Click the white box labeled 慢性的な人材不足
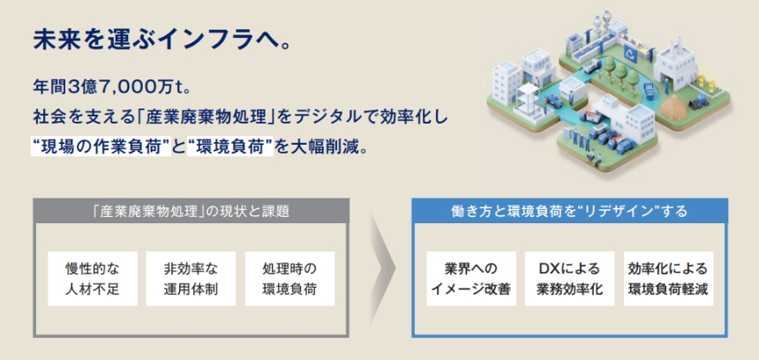[x=93, y=278]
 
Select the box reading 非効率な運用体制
[x=191, y=278]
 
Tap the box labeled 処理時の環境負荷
[x=289, y=278]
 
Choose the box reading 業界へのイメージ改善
[x=471, y=278]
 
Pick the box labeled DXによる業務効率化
[x=569, y=278]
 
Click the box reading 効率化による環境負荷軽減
[x=668, y=278]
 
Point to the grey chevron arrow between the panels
[x=382, y=268]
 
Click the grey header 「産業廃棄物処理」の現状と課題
[x=191, y=211]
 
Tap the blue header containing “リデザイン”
[x=569, y=211]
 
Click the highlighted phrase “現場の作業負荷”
[x=101, y=146]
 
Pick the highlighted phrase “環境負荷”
[x=229, y=146]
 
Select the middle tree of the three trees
[x=620, y=72]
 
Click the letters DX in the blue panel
[x=546, y=268]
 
